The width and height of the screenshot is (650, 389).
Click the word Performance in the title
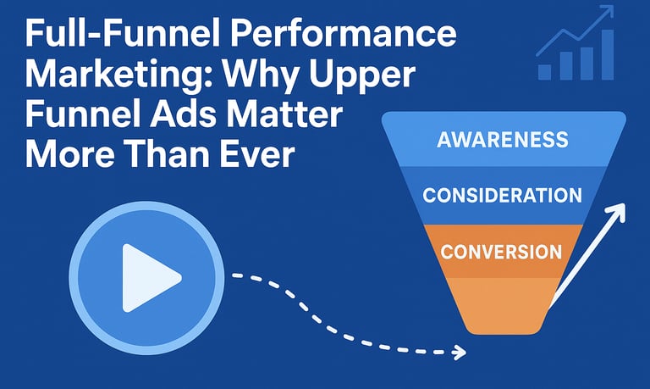click(x=343, y=34)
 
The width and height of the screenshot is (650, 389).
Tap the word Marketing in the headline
click(x=118, y=75)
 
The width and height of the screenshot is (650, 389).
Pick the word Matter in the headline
click(x=284, y=114)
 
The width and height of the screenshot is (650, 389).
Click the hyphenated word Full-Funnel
click(x=123, y=34)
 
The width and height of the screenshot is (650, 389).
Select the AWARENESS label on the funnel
click(x=503, y=140)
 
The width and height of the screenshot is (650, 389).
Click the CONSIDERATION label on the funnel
click(x=503, y=195)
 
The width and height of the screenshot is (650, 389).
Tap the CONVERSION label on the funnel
click(x=501, y=252)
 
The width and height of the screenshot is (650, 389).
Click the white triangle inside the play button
click(x=147, y=278)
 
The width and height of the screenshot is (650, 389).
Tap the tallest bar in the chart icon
click(x=608, y=54)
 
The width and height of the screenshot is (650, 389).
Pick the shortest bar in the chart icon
click(x=545, y=72)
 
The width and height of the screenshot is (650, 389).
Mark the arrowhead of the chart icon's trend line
click(x=608, y=12)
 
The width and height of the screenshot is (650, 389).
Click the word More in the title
click(x=70, y=154)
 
